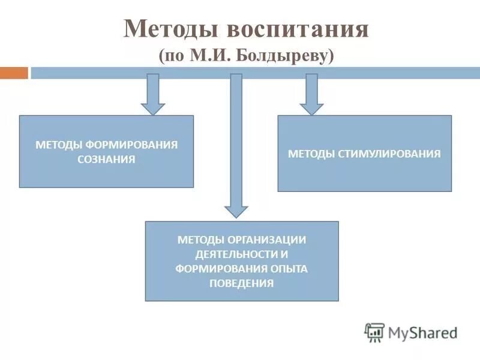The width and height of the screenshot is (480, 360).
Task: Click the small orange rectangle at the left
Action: coord(14,73)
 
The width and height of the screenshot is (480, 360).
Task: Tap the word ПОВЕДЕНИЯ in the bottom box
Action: coord(242,283)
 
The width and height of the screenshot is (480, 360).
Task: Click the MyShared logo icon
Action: coord(374,332)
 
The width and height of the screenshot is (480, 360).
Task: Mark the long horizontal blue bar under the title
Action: coord(254,73)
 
